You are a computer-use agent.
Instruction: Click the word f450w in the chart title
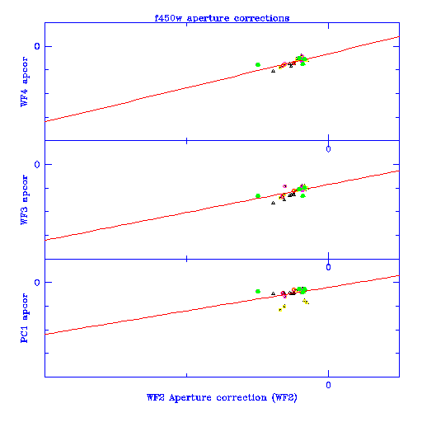[x=168, y=18]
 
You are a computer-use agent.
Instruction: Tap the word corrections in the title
[x=261, y=18]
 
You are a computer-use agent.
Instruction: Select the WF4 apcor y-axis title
[x=24, y=82]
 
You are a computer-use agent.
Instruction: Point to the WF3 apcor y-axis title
[x=24, y=199]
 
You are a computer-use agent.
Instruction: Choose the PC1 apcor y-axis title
[x=24, y=318]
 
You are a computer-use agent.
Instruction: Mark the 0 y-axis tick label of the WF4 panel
[x=37, y=46]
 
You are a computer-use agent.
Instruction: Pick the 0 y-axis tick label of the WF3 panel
[x=37, y=164]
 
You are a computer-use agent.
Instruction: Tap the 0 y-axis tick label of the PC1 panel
[x=37, y=282]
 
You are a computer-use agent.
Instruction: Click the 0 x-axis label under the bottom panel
[x=328, y=385]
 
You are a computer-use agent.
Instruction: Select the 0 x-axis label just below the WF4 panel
[x=328, y=149]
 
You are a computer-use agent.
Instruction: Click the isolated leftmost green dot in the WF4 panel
[x=258, y=64]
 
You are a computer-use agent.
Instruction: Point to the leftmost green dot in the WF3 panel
[x=258, y=196]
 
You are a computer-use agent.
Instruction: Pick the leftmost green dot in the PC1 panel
[x=258, y=291]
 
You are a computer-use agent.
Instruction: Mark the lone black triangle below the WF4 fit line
[x=273, y=71]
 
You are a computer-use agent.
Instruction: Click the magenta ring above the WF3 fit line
[x=284, y=186]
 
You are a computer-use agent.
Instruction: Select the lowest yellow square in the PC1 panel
[x=280, y=310]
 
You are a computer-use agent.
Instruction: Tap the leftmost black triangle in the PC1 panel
[x=273, y=293]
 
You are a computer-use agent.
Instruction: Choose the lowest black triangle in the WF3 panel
[x=273, y=203]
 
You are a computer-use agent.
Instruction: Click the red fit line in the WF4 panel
[x=222, y=79]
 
